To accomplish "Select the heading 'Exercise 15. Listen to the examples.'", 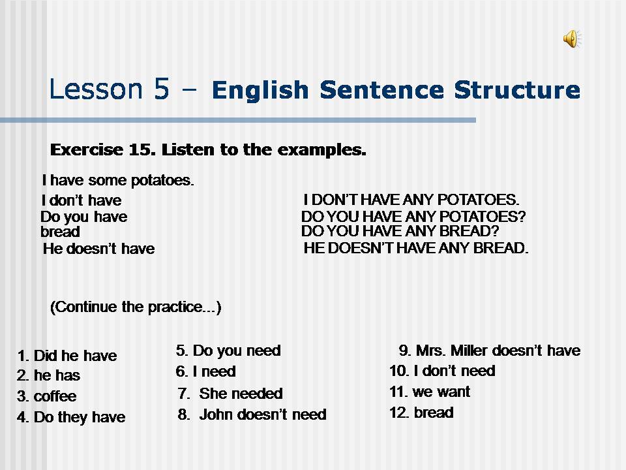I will point(208,150).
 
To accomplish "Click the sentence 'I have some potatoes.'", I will point(118,180).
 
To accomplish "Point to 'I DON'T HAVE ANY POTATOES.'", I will point(411,200).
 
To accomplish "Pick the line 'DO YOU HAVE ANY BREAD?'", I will point(400,231).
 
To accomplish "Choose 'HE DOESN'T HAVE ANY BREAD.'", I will point(416,248).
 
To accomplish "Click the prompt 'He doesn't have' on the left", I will point(98,249).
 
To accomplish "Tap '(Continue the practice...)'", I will point(136,307).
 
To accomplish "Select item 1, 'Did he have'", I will point(67,356).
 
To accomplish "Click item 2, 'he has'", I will point(49,376).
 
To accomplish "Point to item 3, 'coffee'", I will point(46,396).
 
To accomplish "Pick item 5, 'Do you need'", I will point(228,351).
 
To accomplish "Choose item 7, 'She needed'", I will point(230,394).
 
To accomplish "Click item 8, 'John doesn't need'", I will point(252,415).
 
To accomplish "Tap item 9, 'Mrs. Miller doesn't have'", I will point(489,351).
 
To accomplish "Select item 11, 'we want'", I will point(430,392).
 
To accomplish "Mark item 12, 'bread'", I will point(421,413).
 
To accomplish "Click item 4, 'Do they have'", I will point(71,417).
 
